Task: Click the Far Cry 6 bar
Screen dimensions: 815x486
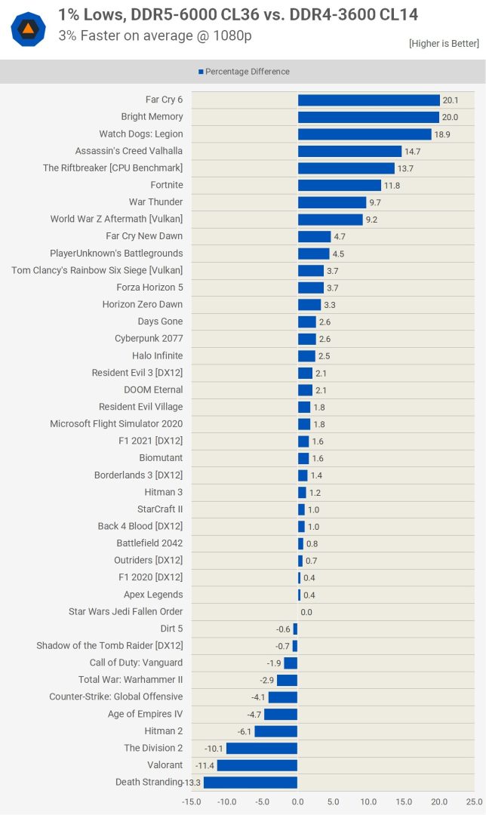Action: click(368, 100)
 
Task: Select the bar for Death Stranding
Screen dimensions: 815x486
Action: click(251, 783)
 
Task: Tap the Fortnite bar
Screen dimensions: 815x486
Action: click(340, 185)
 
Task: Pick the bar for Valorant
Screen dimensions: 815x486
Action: click(257, 765)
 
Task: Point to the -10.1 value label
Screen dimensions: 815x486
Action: click(214, 749)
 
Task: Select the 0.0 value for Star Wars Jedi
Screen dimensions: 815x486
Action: click(306, 612)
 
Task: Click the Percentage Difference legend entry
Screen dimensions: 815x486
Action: click(244, 72)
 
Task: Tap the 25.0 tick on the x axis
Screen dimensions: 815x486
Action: click(474, 801)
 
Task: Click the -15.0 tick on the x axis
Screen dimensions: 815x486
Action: click(192, 801)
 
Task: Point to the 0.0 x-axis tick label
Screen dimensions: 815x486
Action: click(298, 801)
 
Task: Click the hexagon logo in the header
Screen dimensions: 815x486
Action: click(29, 29)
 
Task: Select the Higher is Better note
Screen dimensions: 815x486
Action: click(444, 43)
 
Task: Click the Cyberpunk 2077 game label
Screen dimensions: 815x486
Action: click(149, 339)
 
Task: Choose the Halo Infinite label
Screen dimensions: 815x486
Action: click(157, 355)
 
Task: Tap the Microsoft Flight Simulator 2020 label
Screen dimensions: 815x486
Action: click(116, 424)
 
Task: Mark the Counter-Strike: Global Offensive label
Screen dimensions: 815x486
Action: click(115, 697)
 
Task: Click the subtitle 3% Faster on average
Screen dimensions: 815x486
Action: click(155, 35)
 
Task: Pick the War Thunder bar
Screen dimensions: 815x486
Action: click(332, 202)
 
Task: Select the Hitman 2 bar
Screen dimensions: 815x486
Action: click(276, 731)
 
